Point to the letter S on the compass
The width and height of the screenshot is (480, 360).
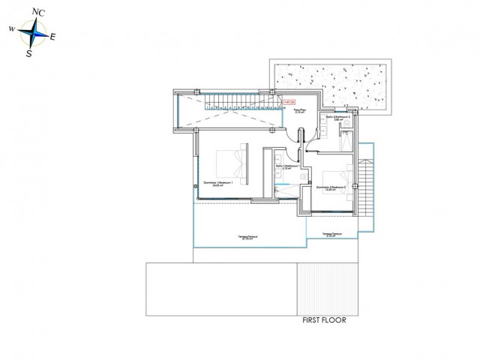click(28, 53)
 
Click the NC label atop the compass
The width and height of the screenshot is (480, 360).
click(38, 12)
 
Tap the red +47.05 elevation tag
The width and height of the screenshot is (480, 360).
click(289, 101)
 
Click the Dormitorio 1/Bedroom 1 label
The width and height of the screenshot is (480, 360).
click(217, 183)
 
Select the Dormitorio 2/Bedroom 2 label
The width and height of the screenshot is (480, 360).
click(331, 188)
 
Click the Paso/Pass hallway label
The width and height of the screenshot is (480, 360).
click(299, 111)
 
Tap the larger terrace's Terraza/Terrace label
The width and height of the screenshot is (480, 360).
click(248, 238)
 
